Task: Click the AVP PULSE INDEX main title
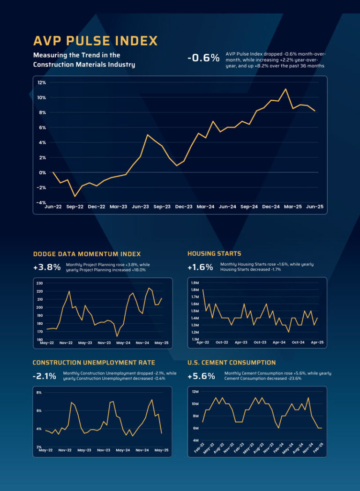[x=95, y=41]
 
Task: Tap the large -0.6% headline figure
[x=203, y=58]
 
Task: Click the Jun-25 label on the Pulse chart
[x=314, y=207]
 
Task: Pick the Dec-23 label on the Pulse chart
[x=184, y=207]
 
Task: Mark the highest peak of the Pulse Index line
[x=285, y=89]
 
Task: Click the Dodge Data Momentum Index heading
[x=87, y=254]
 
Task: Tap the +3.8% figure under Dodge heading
[x=47, y=268]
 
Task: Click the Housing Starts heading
[x=214, y=253]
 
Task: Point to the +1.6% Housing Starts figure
[x=200, y=268]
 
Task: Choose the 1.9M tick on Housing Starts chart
[x=195, y=283]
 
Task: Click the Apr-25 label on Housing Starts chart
[x=317, y=342]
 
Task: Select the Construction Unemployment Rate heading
[x=94, y=363]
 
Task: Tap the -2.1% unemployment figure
[x=45, y=376]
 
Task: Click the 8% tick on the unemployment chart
[x=39, y=393]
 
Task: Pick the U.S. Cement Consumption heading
[x=232, y=363]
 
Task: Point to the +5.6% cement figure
[x=201, y=376]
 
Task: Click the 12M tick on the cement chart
[x=195, y=391]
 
